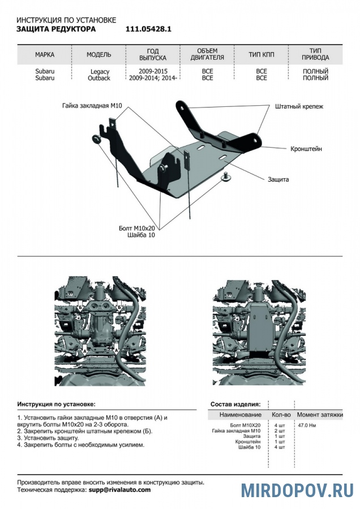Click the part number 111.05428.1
[144, 28]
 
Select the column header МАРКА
[45, 55]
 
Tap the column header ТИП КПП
[261, 55]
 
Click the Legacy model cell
[99, 72]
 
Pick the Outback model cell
[99, 78]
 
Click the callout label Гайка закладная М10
[93, 106]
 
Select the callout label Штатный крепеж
[299, 106]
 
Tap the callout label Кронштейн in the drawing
[306, 149]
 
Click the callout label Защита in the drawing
[278, 179]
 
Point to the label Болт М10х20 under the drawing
[137, 228]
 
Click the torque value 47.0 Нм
[307, 425]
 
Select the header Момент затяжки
[320, 415]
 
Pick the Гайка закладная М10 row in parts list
[237, 431]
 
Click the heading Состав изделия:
[235, 404]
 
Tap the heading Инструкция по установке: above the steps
[57, 404]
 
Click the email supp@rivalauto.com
[119, 490]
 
